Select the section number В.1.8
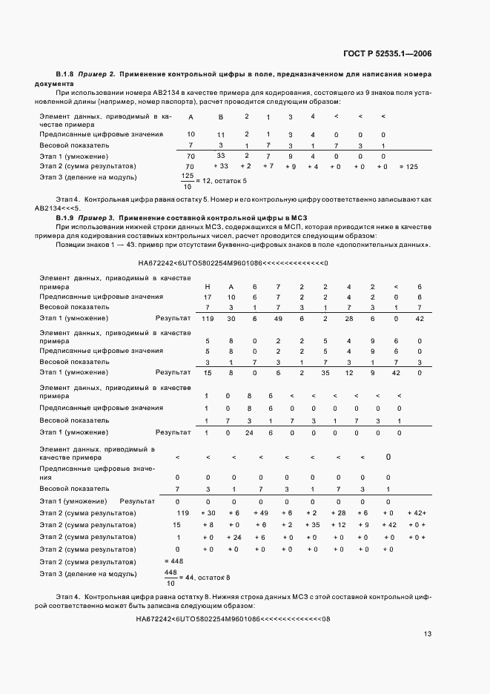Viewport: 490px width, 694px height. pyautogui.click(x=65, y=75)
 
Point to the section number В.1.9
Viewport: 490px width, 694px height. pyautogui.click(x=65, y=217)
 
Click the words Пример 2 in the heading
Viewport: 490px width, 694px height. pyautogui.click(x=96, y=75)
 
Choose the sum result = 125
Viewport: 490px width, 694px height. pyautogui.click(x=408, y=167)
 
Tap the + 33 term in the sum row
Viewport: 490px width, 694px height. pyautogui.click(x=220, y=167)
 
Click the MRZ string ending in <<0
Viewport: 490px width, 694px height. pyautogui.click(x=234, y=263)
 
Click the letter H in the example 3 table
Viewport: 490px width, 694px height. pyautogui.click(x=208, y=286)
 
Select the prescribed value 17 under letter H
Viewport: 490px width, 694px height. pyautogui.click(x=208, y=297)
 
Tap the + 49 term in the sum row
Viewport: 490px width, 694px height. pyautogui.click(x=260, y=513)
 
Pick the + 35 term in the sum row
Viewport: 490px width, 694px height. pyautogui.click(x=312, y=524)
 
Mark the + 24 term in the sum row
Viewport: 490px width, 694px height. pyautogui.click(x=234, y=537)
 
